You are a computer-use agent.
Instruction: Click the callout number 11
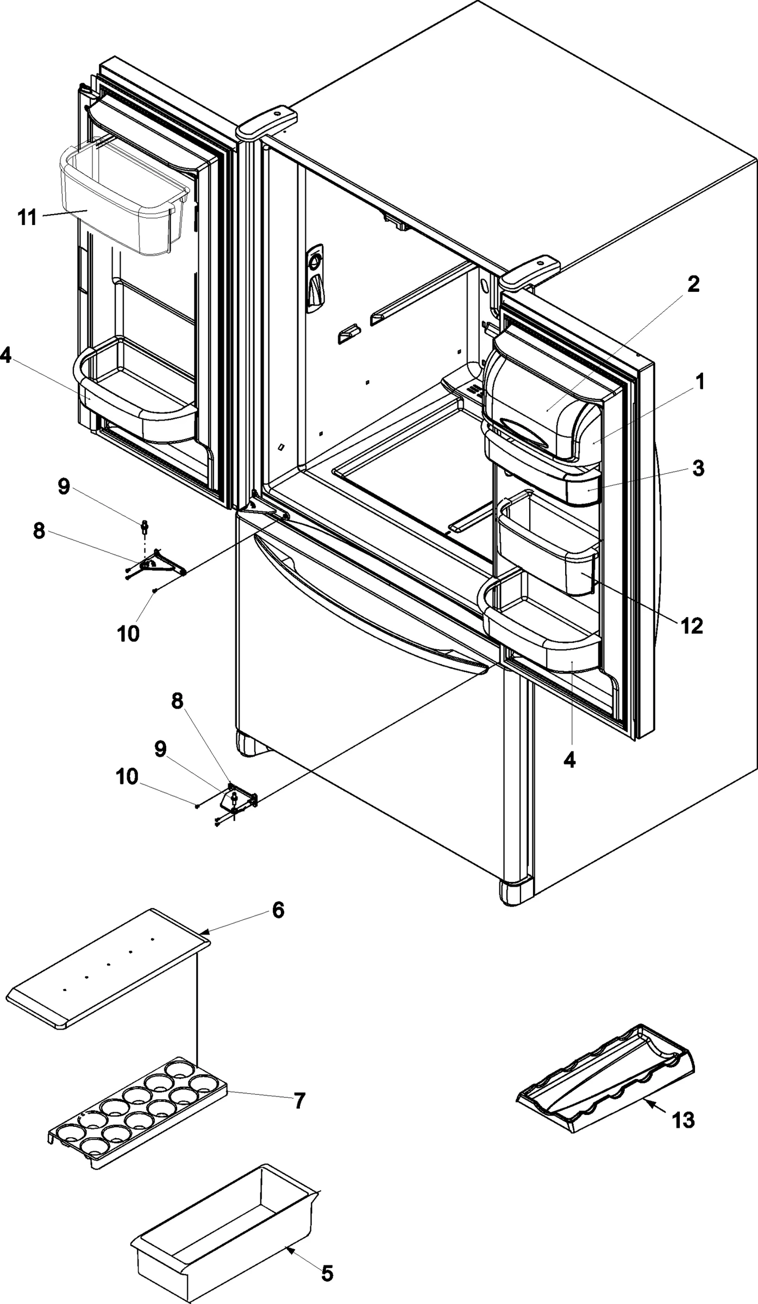click(27, 217)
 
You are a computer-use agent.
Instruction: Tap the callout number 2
click(693, 284)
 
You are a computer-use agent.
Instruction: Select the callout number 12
click(691, 625)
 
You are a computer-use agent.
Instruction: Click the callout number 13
click(682, 1120)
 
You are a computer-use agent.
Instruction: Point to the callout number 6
click(278, 910)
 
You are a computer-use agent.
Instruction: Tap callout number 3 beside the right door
click(698, 468)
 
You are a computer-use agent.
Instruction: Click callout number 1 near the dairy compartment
click(700, 382)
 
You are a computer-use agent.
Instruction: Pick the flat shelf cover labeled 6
click(109, 967)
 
